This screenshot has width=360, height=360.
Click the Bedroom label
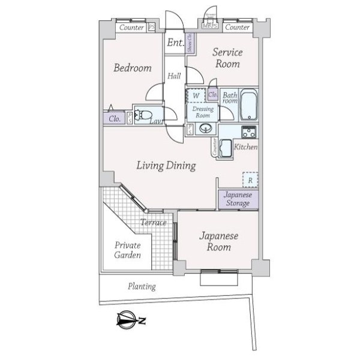133,68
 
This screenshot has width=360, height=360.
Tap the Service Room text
227,58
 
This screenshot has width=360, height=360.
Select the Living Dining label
166,166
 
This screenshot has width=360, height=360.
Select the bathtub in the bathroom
248,107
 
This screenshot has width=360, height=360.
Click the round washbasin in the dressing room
205,129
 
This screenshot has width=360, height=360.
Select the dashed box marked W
196,95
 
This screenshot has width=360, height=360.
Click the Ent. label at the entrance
175,43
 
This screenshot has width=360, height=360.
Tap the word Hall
175,76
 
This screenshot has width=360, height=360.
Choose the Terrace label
153,223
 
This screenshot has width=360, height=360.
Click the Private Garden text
128,250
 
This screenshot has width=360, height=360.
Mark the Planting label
142,286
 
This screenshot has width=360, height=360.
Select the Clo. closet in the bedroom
115,119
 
